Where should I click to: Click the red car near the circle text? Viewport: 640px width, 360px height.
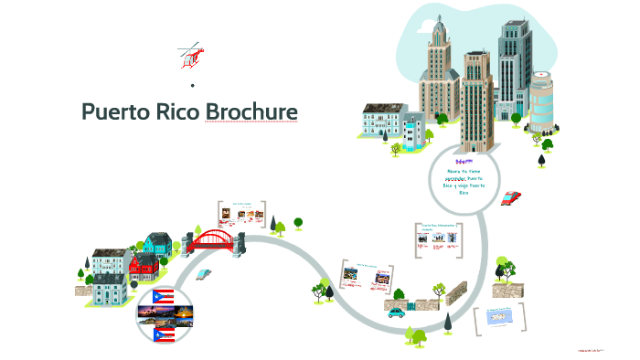512,196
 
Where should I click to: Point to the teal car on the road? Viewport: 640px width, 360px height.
396,312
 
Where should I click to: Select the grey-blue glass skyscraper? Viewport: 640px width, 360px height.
514,64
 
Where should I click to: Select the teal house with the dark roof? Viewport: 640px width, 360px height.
157,244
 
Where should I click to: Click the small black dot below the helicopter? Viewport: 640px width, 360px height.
193,85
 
